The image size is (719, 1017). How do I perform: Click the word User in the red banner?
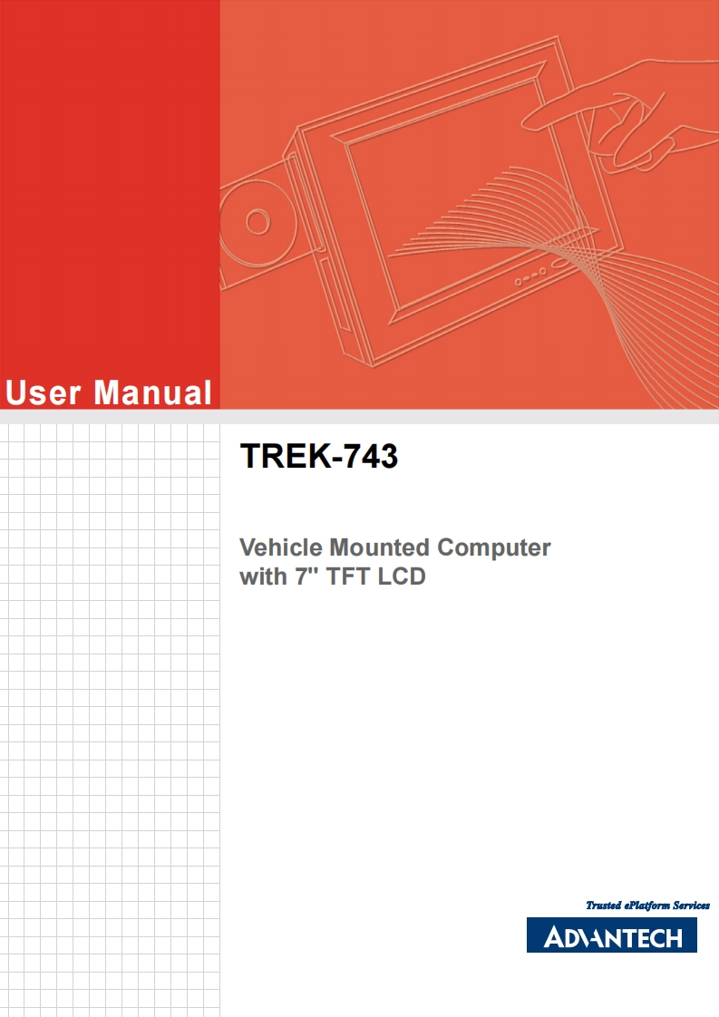pyautogui.click(x=44, y=392)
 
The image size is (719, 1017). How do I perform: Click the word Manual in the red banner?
pyautogui.click(x=152, y=392)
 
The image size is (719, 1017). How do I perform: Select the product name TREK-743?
pyautogui.click(x=318, y=457)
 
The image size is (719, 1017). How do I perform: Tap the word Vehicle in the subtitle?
pyautogui.click(x=280, y=548)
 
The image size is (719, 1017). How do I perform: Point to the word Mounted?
pyautogui.click(x=379, y=548)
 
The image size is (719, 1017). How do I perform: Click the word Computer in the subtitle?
pyautogui.click(x=494, y=548)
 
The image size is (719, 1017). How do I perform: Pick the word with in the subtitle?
pyautogui.click(x=262, y=576)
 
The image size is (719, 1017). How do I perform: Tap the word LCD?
pyautogui.click(x=403, y=576)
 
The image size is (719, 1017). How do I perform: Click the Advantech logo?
pyautogui.click(x=611, y=935)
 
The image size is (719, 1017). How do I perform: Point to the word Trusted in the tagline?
pyautogui.click(x=604, y=905)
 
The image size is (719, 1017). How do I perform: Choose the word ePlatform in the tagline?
pyautogui.click(x=646, y=905)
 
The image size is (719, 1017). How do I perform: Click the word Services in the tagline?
pyautogui.click(x=691, y=905)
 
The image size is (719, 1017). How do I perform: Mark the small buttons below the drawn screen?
pyautogui.click(x=529, y=277)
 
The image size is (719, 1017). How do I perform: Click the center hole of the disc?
pyautogui.click(x=257, y=221)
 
